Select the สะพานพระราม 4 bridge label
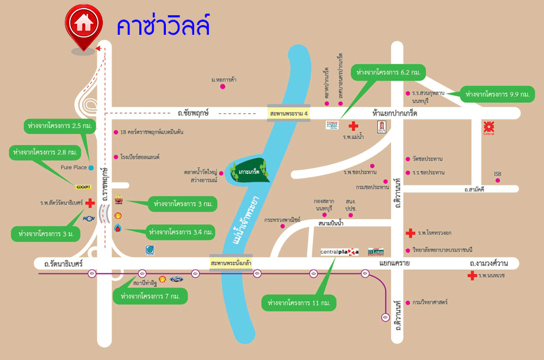click(x=288, y=113)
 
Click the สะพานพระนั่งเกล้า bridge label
click(x=231, y=263)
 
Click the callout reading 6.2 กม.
click(x=388, y=72)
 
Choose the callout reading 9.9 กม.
click(x=497, y=94)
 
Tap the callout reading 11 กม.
click(x=299, y=302)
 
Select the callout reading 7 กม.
click(x=150, y=296)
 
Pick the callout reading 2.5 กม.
click(x=59, y=126)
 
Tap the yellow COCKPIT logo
click(x=83, y=187)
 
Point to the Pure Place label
click(x=73, y=167)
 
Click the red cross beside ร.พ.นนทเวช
click(x=472, y=276)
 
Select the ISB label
click(x=497, y=174)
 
